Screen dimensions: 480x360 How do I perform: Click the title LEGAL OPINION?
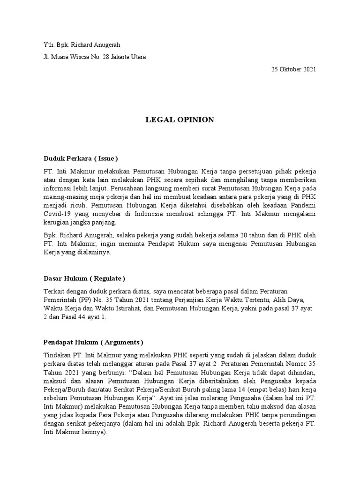180,120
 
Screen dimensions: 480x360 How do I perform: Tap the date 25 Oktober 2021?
294,69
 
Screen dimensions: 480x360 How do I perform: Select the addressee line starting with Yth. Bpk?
82,45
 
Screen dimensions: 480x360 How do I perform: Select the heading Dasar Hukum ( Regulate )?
84,278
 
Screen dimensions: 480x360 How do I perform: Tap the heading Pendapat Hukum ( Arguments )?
93,341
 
